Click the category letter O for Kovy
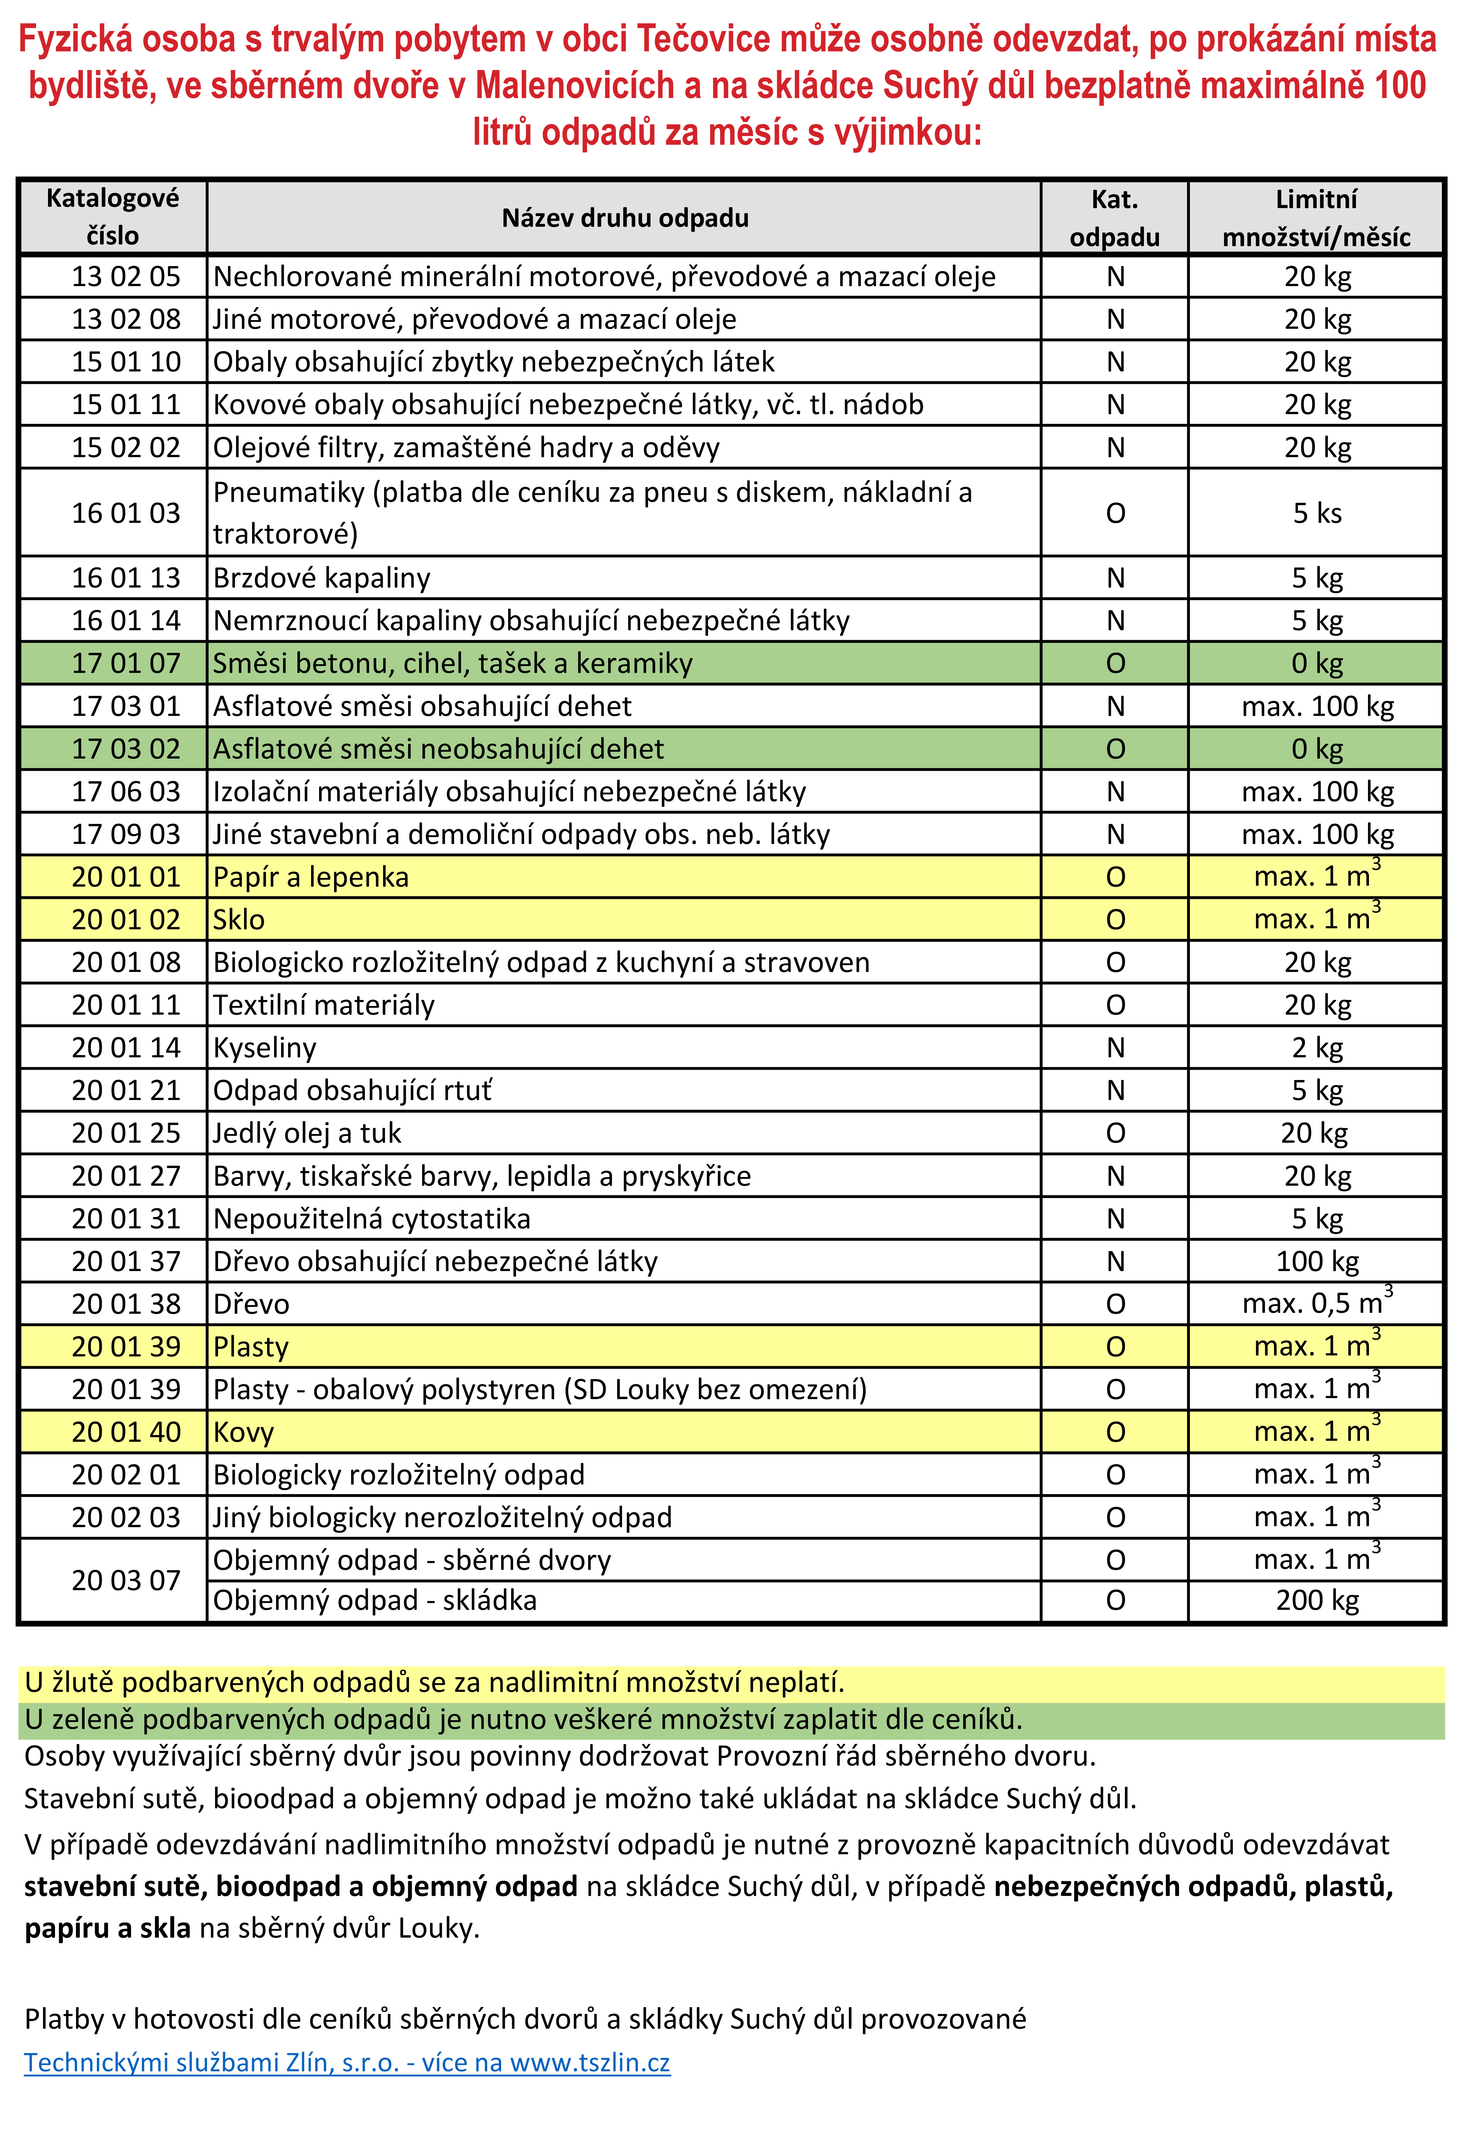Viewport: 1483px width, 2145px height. point(1115,1432)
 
